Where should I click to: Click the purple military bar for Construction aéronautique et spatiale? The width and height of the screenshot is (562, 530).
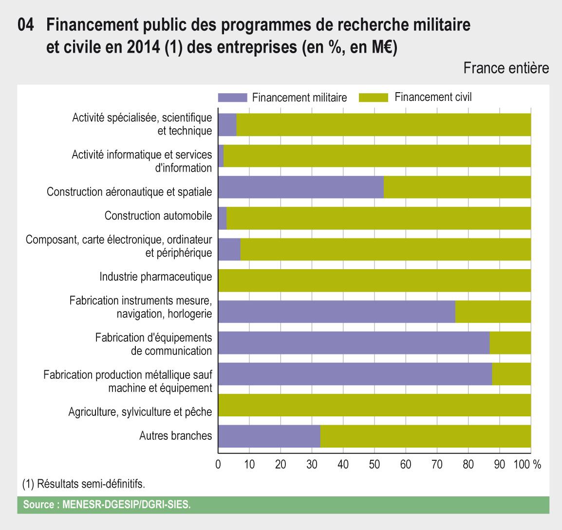point(301,187)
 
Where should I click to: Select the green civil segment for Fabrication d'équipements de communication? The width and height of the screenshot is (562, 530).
point(510,343)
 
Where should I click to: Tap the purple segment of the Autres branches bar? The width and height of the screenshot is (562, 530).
point(269,436)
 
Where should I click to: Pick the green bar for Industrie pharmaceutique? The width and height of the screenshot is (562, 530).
point(375,280)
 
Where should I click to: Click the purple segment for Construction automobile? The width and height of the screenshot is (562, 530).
point(223,218)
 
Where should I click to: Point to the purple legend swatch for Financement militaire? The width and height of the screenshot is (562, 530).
point(233,98)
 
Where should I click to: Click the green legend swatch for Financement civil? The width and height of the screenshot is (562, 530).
point(373,98)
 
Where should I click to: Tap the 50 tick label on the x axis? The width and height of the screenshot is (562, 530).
point(374,465)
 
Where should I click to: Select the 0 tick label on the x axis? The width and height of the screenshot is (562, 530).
point(218,465)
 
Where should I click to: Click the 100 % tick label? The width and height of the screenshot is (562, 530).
point(527,465)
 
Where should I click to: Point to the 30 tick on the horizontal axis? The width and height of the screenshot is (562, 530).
point(312,465)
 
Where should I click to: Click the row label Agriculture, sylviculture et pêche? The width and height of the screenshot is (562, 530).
point(140,412)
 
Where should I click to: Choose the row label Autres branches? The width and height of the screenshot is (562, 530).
point(176,435)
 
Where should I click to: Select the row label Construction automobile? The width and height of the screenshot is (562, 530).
point(158,216)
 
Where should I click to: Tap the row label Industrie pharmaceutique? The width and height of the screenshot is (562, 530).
point(156,277)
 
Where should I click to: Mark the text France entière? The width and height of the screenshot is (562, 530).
point(506,68)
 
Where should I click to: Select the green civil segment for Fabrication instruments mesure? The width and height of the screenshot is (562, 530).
point(493,312)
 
